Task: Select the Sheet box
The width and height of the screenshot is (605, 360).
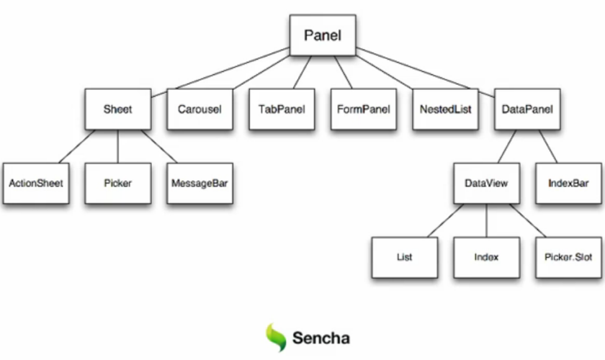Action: [x=117, y=109]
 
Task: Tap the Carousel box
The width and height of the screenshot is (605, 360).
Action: [x=200, y=109]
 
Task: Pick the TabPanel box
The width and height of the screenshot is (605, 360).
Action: [x=282, y=109]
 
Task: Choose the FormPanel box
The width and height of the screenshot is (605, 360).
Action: [x=363, y=109]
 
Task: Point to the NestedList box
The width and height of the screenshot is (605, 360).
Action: [x=445, y=109]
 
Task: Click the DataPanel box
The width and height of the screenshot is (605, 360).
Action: [x=526, y=109]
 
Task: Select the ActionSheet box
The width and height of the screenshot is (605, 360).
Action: [x=36, y=183]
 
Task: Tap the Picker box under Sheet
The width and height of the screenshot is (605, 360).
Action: [x=117, y=183]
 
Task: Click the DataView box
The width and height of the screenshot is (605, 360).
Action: [x=486, y=183]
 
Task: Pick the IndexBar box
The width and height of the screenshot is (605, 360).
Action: [x=568, y=183]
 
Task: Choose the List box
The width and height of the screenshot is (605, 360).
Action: [x=404, y=257]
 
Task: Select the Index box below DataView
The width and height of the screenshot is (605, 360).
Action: [x=486, y=257]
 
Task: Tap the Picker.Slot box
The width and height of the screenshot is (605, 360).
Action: [x=568, y=257]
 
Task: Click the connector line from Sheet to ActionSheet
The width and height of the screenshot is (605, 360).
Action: [x=77, y=146]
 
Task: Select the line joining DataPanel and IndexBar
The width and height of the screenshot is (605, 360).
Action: [x=548, y=146]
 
